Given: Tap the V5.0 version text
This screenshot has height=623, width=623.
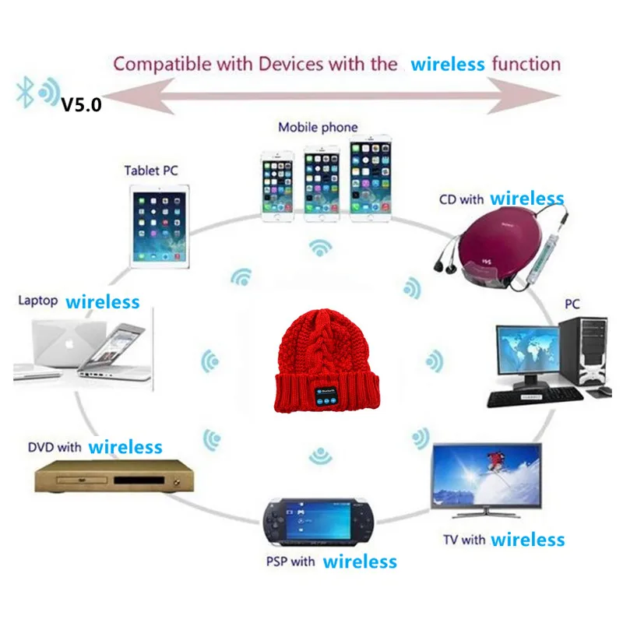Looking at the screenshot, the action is (x=81, y=103).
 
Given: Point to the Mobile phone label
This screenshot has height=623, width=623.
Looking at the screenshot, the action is (x=318, y=127).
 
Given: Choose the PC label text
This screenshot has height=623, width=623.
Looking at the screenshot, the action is (x=572, y=303).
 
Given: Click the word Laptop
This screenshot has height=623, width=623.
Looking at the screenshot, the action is (x=37, y=301).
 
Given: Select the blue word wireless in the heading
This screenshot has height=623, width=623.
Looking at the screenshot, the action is (x=448, y=64).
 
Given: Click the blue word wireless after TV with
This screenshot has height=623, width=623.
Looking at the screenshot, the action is (x=527, y=539).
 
